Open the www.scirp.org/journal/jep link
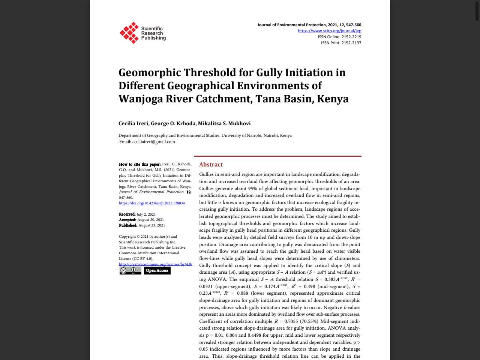pyautogui.click(x=330, y=31)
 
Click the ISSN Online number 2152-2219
pyautogui.click(x=351, y=37)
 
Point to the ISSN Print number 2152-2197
pyautogui.click(x=351, y=43)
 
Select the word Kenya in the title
pyautogui.click(x=333, y=99)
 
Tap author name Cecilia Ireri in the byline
pyautogui.click(x=133, y=123)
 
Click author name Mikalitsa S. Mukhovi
pyautogui.click(x=224, y=123)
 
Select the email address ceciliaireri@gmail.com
pyautogui.click(x=153, y=142)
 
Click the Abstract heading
pyautogui.click(x=211, y=165)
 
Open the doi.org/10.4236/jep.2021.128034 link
pyautogui.click(x=152, y=203)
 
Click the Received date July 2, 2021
pyautogui.click(x=146, y=214)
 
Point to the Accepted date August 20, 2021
pyautogui.click(x=150, y=220)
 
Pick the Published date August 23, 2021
pyautogui.click(x=151, y=225)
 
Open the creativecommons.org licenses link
pyautogui.click(x=156, y=264)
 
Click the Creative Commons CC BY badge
pyautogui.click(x=130, y=270)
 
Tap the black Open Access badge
pyautogui.click(x=157, y=270)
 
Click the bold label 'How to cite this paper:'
pyautogui.click(x=139, y=164)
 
